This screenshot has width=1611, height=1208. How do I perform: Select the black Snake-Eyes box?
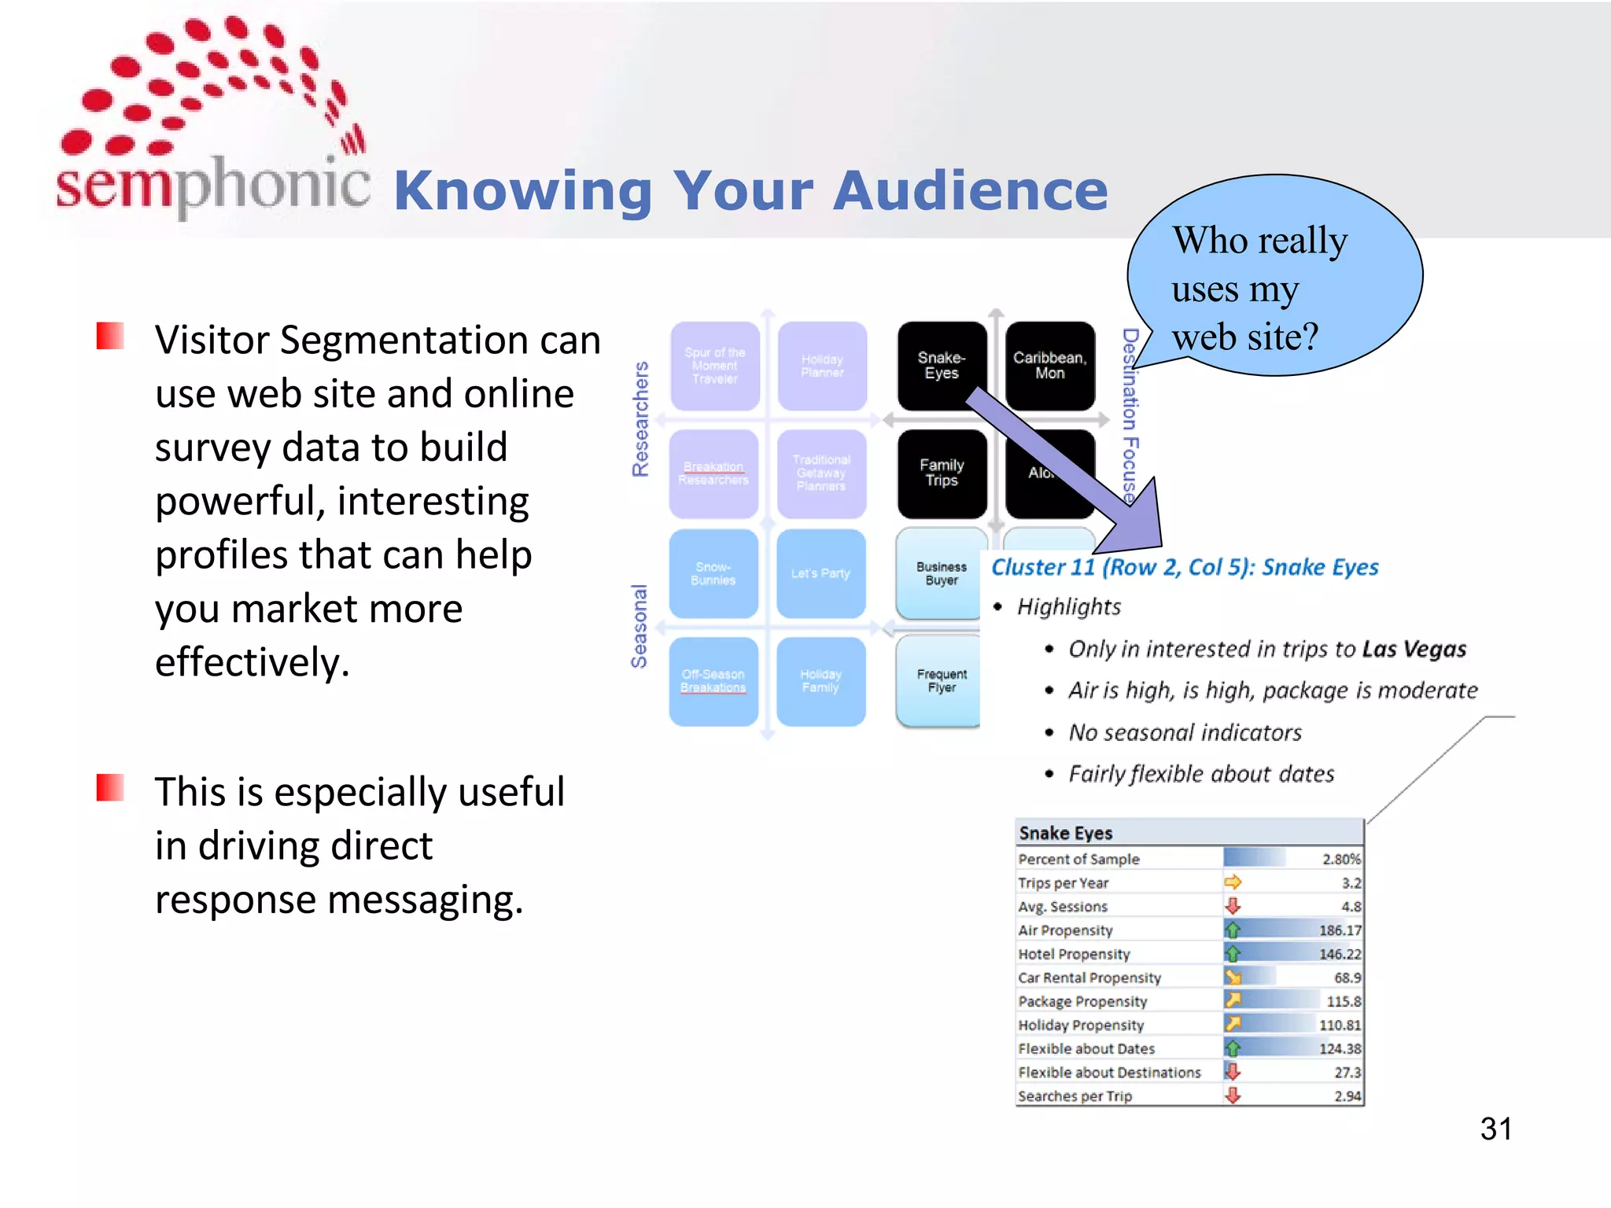[941, 366]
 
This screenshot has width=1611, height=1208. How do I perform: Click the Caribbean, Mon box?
[1049, 366]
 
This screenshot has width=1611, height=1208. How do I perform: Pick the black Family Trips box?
[941, 473]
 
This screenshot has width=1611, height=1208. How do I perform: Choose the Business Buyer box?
[941, 573]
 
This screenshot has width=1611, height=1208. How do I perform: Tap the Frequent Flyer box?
[941, 680]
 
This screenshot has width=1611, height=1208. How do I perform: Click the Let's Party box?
[820, 573]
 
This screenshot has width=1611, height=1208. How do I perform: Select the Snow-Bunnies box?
[713, 573]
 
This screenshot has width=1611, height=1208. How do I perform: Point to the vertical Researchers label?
[640, 419]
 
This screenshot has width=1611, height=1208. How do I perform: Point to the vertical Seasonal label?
[639, 627]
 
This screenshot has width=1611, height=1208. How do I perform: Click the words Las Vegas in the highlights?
[1414, 649]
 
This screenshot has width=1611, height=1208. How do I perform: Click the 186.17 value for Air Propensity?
[1339, 930]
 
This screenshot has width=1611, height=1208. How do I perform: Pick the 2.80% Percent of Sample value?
[1340, 859]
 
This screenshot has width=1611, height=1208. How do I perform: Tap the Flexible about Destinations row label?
[1109, 1072]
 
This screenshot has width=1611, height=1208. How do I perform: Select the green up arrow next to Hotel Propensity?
[1233, 954]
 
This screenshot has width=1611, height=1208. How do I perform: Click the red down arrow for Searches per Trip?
[1233, 1096]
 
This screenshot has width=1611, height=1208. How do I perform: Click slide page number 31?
[1495, 1129]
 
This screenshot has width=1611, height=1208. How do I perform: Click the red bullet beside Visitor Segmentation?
[110, 336]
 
